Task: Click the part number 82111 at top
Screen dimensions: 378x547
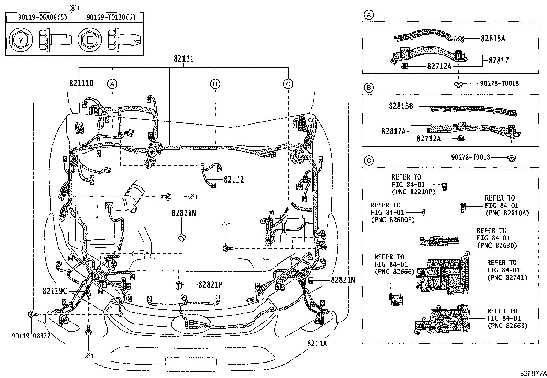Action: [183, 59]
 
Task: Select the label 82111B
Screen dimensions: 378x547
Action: [81, 83]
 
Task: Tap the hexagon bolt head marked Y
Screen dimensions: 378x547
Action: [21, 41]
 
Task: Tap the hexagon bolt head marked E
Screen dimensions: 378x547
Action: [89, 41]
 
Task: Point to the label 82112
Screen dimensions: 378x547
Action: [233, 180]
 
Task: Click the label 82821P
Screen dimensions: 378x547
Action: [210, 285]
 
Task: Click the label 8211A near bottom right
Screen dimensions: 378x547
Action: [317, 343]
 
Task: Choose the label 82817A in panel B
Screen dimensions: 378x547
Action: [393, 131]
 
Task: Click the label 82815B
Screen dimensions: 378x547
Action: [401, 106]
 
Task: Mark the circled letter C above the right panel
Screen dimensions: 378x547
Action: [368, 160]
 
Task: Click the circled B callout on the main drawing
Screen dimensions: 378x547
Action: [215, 84]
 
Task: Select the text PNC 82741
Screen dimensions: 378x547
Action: [507, 278]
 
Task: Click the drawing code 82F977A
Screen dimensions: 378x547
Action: [533, 374]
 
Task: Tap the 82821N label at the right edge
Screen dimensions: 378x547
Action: [343, 280]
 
